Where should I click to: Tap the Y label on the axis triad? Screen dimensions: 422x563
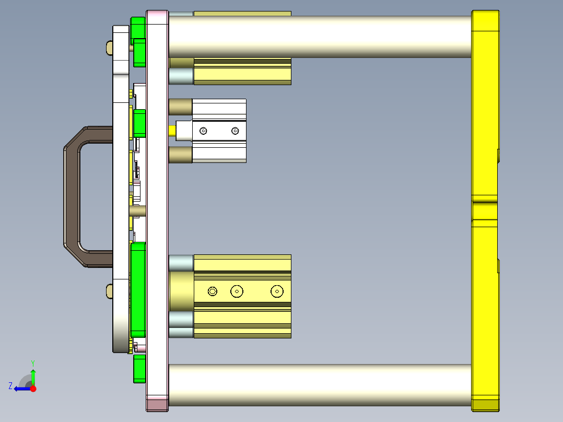coord(33,362)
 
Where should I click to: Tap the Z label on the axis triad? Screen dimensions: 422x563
coord(10,386)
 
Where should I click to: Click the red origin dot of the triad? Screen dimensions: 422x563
coord(33,389)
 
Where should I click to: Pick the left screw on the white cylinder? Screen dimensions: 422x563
coord(203,131)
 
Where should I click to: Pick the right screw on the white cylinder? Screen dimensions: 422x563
coord(235,131)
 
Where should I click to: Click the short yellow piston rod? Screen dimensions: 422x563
coord(172,131)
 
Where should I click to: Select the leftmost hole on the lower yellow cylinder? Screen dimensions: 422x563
coord(212,291)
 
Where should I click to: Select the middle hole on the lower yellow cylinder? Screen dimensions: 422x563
coord(237,291)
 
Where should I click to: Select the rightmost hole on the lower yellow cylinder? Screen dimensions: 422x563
coord(276,291)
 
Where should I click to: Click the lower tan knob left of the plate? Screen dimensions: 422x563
coord(109,291)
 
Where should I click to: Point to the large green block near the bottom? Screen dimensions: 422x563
coord(138,290)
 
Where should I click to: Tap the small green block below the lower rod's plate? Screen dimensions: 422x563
coord(139,369)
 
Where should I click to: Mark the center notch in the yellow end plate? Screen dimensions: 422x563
coord(485,210)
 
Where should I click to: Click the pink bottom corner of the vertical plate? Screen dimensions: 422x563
coord(157,403)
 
